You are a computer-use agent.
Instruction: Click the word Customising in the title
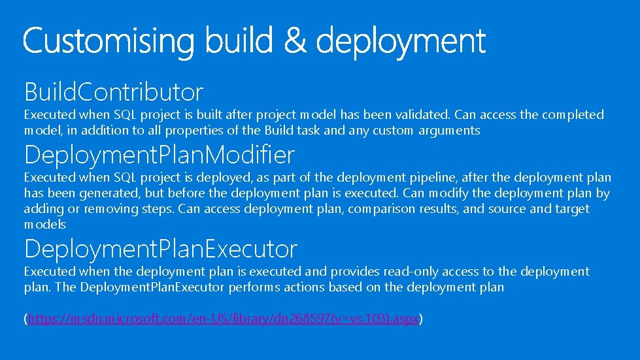(109, 42)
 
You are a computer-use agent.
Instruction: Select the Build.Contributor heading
(114, 92)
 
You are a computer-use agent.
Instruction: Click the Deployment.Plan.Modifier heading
(160, 155)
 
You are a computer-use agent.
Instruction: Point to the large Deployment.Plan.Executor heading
(161, 249)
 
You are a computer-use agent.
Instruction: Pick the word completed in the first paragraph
(571, 115)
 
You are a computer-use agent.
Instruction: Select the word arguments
(449, 131)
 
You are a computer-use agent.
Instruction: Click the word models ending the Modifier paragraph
(45, 225)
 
